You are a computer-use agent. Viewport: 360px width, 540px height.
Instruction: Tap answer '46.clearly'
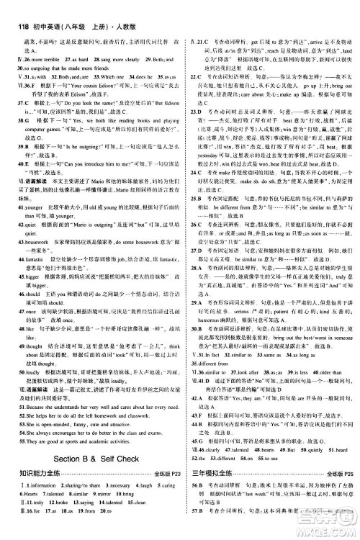pos(209,448)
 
